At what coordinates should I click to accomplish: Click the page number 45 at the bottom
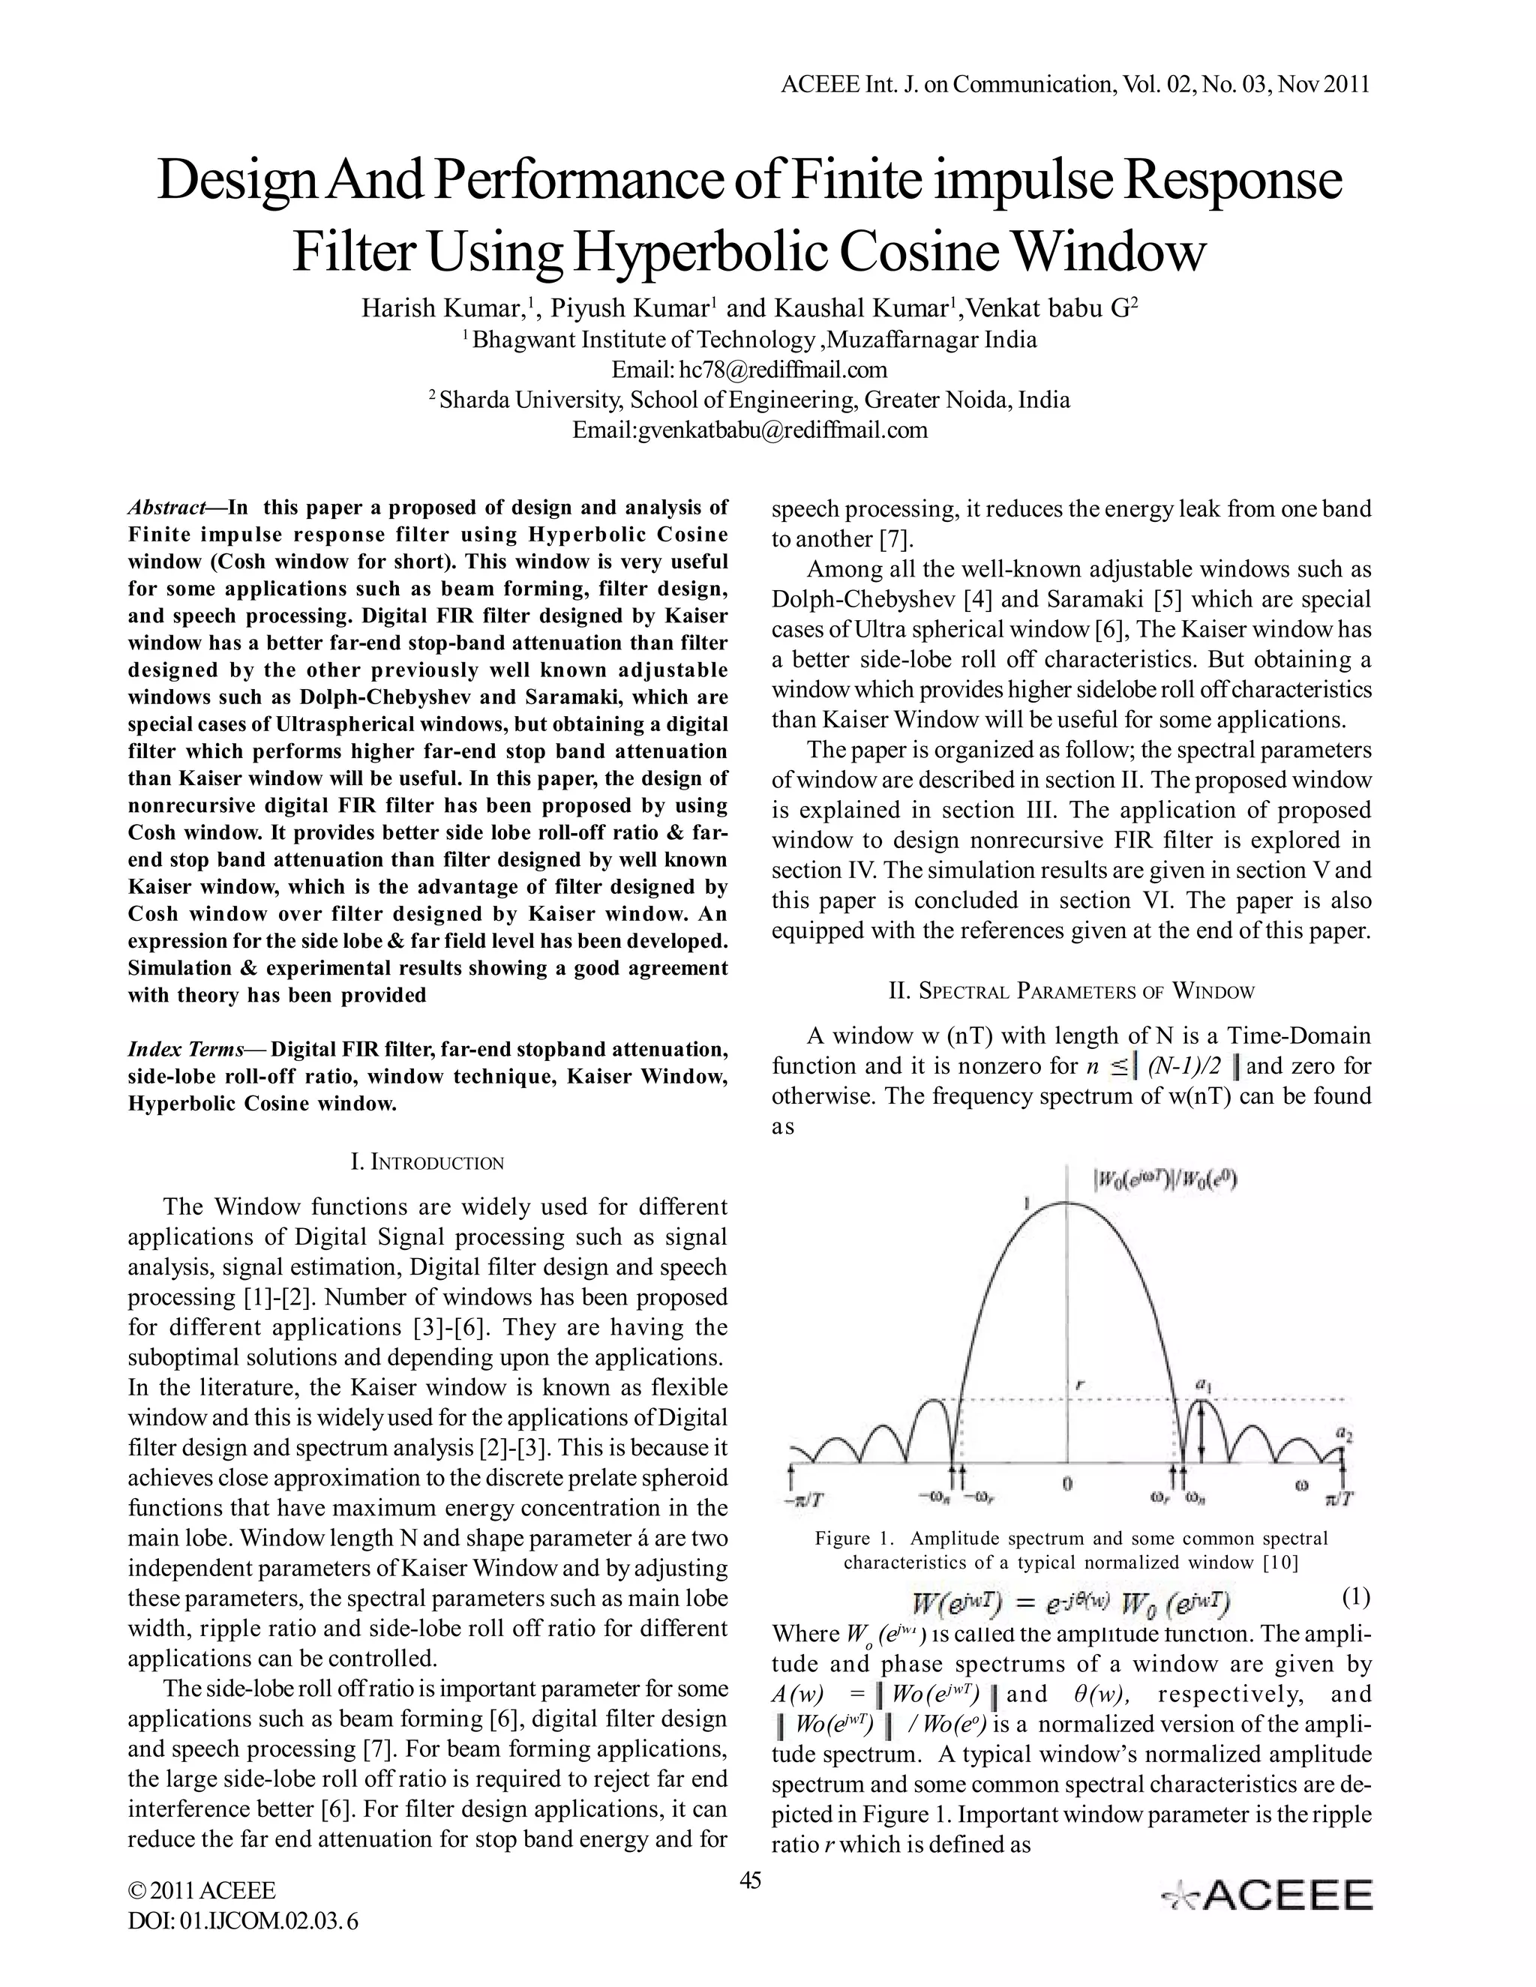[751, 1881]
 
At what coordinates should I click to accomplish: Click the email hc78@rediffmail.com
[782, 370]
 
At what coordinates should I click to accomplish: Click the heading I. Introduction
[427, 1163]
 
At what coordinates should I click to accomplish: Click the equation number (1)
[1355, 1596]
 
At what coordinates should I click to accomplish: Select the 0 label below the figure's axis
[1067, 1485]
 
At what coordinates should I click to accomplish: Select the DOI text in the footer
[243, 1922]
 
